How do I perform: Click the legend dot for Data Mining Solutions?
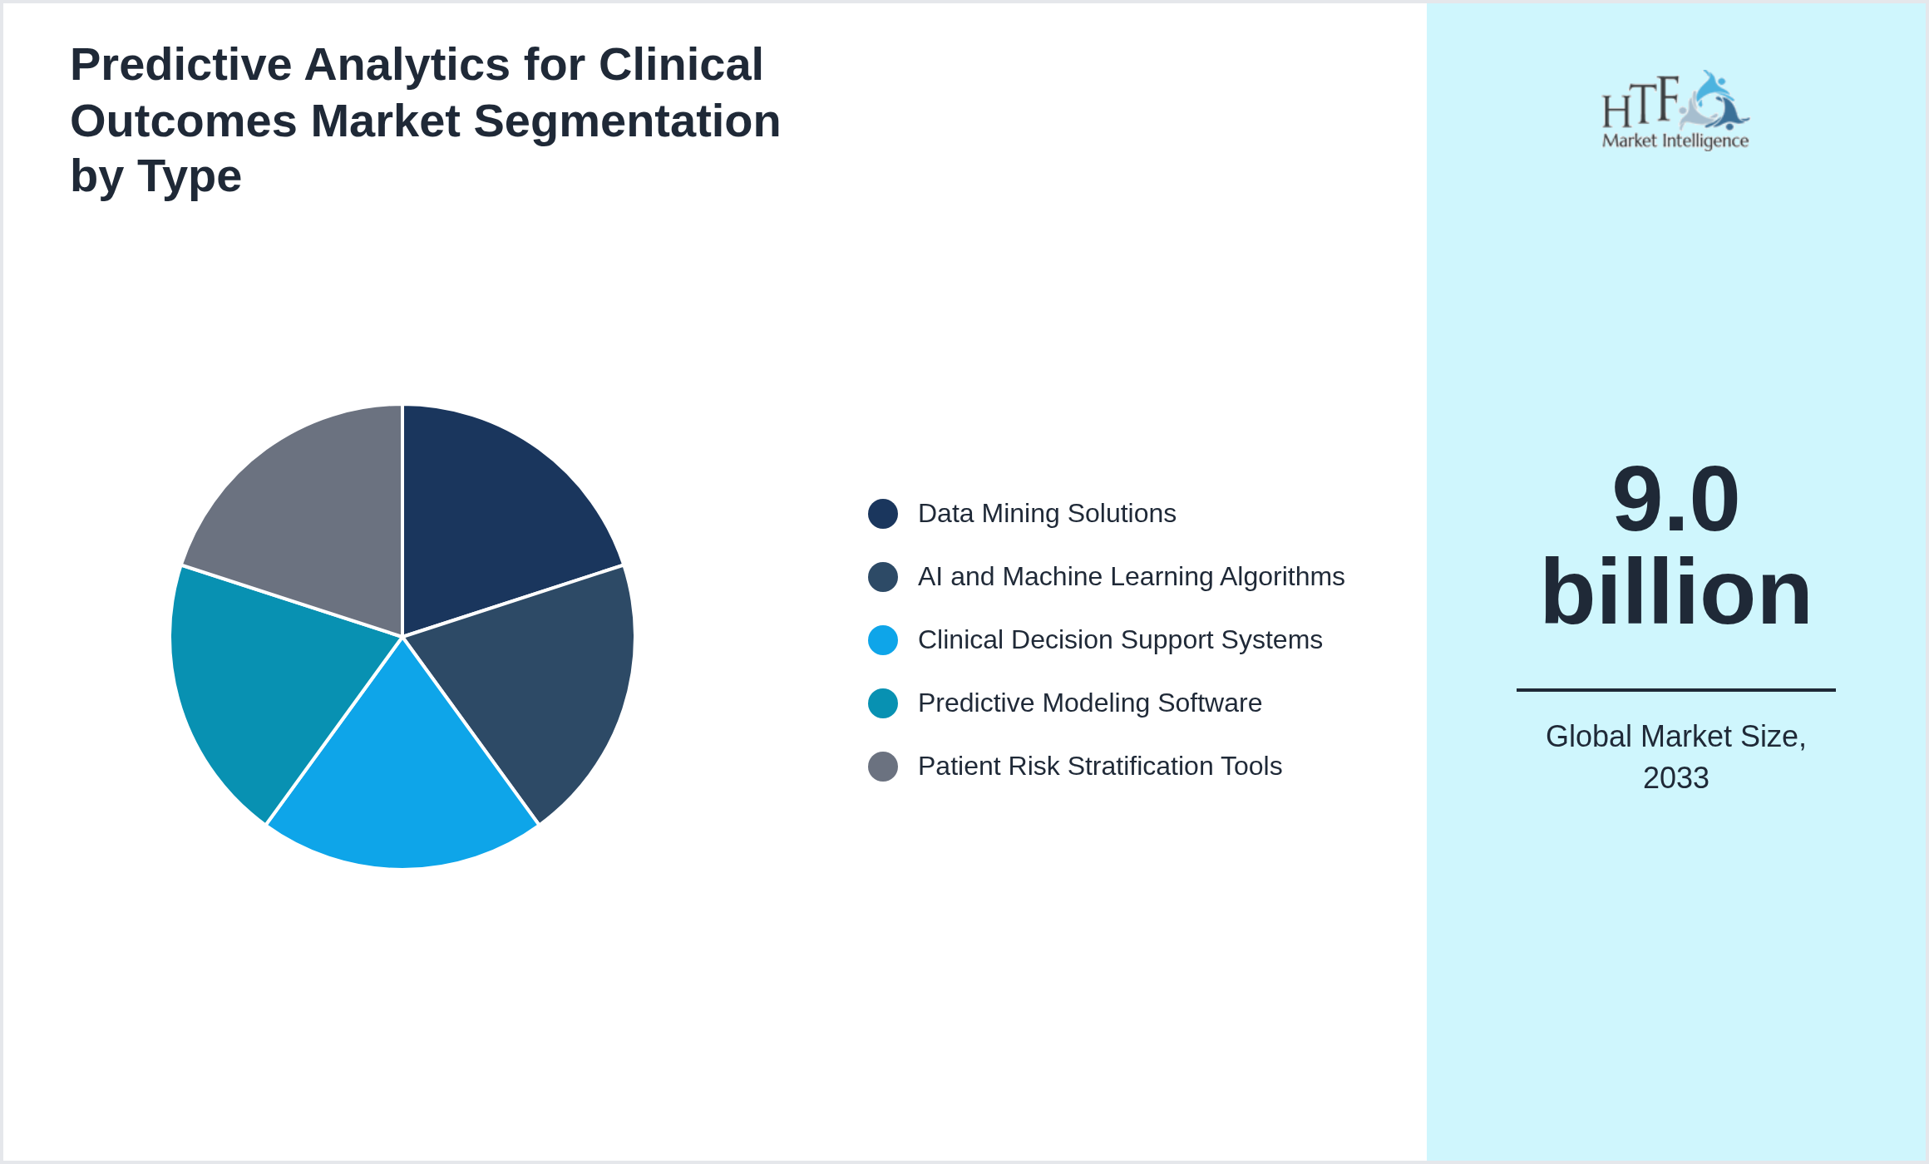point(882,514)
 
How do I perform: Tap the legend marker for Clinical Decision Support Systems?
point(882,640)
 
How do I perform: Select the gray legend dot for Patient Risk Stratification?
point(882,767)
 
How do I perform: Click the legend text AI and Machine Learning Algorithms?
point(1131,577)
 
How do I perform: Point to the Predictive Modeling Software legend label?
point(1089,703)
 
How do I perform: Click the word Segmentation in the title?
point(628,121)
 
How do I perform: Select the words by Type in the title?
point(155,176)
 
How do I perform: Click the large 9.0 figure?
point(1675,501)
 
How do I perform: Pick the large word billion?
point(1675,593)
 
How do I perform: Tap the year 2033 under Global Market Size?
point(1675,778)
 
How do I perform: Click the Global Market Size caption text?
point(1675,737)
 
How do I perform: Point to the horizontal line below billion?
point(1675,690)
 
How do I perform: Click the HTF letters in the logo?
point(1640,105)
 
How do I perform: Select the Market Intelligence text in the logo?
point(1675,141)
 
